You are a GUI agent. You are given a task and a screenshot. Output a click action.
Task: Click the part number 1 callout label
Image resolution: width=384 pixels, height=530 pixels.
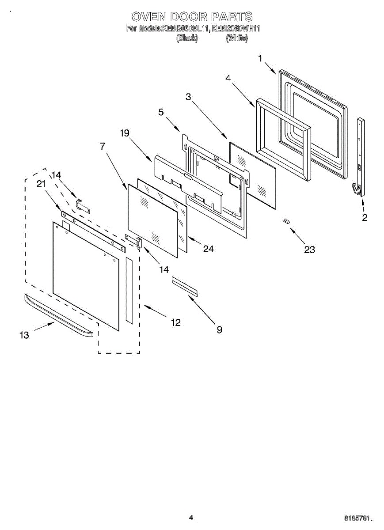260,58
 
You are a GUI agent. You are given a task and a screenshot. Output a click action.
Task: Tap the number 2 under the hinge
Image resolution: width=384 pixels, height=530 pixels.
365,217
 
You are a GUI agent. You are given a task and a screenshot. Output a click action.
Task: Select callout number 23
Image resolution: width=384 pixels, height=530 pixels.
309,250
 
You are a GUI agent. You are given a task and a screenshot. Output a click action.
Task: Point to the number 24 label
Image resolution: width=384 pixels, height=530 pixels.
208,249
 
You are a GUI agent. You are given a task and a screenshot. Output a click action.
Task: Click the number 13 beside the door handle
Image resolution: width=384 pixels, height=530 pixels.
24,335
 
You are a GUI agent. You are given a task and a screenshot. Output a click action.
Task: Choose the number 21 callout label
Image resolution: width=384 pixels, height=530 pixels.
41,185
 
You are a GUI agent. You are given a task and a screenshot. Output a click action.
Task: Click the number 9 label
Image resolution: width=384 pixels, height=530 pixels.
219,329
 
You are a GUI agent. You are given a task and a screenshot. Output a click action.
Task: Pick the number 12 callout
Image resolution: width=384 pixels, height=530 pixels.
175,323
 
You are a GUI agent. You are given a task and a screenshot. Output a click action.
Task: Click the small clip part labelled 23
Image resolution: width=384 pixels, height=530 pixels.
287,221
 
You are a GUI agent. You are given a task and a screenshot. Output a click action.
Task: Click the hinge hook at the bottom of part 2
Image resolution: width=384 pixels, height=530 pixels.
356,189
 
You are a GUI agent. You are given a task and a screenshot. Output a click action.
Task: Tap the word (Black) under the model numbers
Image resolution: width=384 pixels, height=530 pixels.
187,38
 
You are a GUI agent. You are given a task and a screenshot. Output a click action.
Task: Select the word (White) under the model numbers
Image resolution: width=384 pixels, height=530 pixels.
237,38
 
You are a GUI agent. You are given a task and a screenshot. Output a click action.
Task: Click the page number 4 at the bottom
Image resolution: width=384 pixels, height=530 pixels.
191,518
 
